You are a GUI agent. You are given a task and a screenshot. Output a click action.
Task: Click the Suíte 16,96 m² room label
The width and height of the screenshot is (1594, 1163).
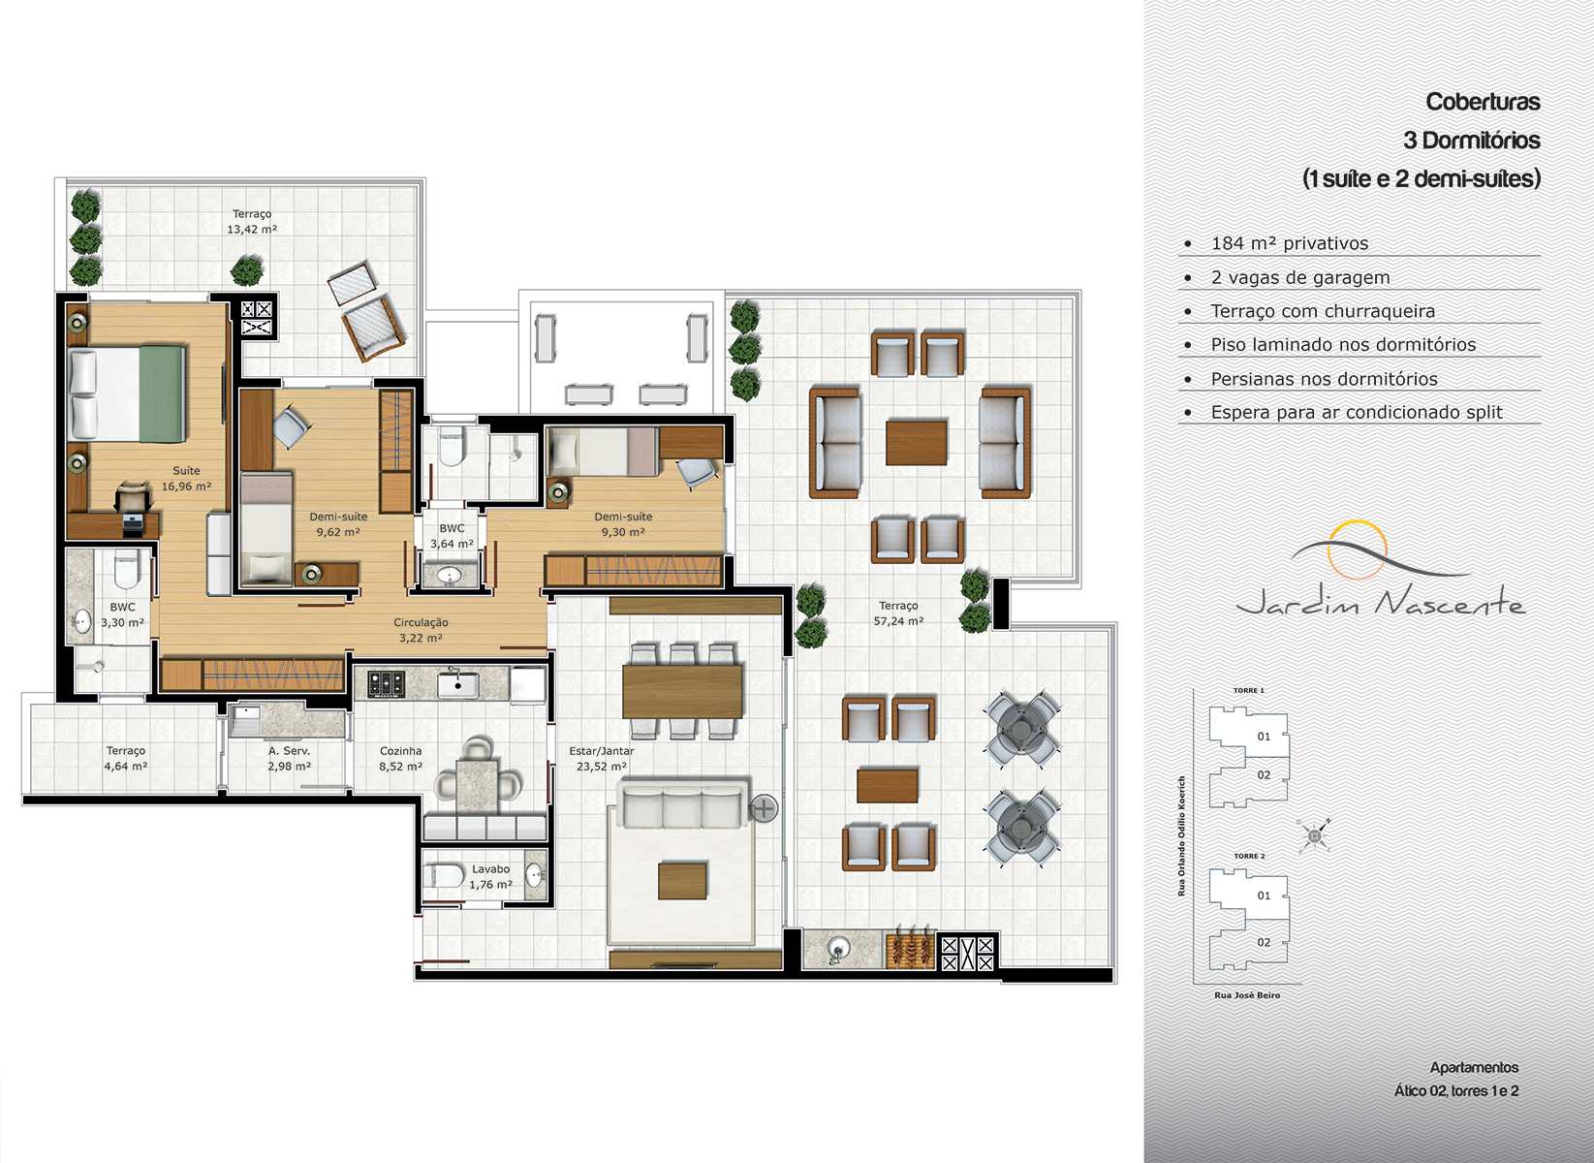[186, 479]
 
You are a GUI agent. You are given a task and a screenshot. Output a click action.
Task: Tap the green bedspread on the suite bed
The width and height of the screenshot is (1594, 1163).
[162, 393]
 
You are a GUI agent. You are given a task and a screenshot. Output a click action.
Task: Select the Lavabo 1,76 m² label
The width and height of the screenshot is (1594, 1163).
[490, 877]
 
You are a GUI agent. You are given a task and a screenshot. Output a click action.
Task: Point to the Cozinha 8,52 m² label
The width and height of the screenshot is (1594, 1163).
[400, 759]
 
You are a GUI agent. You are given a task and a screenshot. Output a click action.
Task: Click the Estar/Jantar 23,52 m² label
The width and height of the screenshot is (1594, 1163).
[602, 759]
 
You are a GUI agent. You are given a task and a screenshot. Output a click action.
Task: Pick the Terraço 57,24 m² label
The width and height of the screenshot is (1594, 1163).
[898, 613]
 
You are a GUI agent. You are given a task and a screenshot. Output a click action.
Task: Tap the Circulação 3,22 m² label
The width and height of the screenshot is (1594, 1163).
[421, 630]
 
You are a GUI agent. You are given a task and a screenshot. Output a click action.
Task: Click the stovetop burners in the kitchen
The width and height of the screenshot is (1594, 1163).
[386, 684]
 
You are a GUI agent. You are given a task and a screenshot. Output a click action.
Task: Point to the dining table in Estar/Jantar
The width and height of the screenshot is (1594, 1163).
[682, 691]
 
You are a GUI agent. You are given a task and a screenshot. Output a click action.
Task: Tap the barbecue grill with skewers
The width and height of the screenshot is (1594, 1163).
[911, 950]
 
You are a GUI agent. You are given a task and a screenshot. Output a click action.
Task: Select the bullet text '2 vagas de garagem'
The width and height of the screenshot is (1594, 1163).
[1300, 277]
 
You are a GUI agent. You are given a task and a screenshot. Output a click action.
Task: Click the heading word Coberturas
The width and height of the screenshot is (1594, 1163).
[1483, 102]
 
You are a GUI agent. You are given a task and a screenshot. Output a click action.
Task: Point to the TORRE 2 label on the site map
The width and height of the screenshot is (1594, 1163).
[1249, 856]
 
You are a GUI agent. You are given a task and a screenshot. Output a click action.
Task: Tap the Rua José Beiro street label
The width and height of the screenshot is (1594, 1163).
[1247, 995]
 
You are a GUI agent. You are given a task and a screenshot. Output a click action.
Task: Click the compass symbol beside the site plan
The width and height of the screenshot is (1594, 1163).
[1314, 835]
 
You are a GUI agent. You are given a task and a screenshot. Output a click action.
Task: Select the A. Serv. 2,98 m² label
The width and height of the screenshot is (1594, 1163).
[289, 759]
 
